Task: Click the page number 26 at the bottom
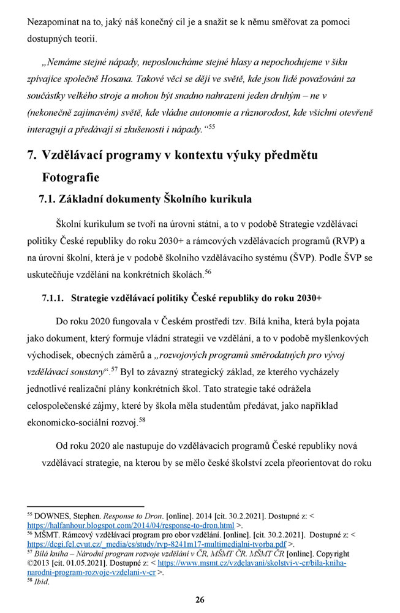(x=200, y=599)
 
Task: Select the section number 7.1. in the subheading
(x=51, y=199)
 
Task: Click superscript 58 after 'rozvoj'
(x=142, y=420)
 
